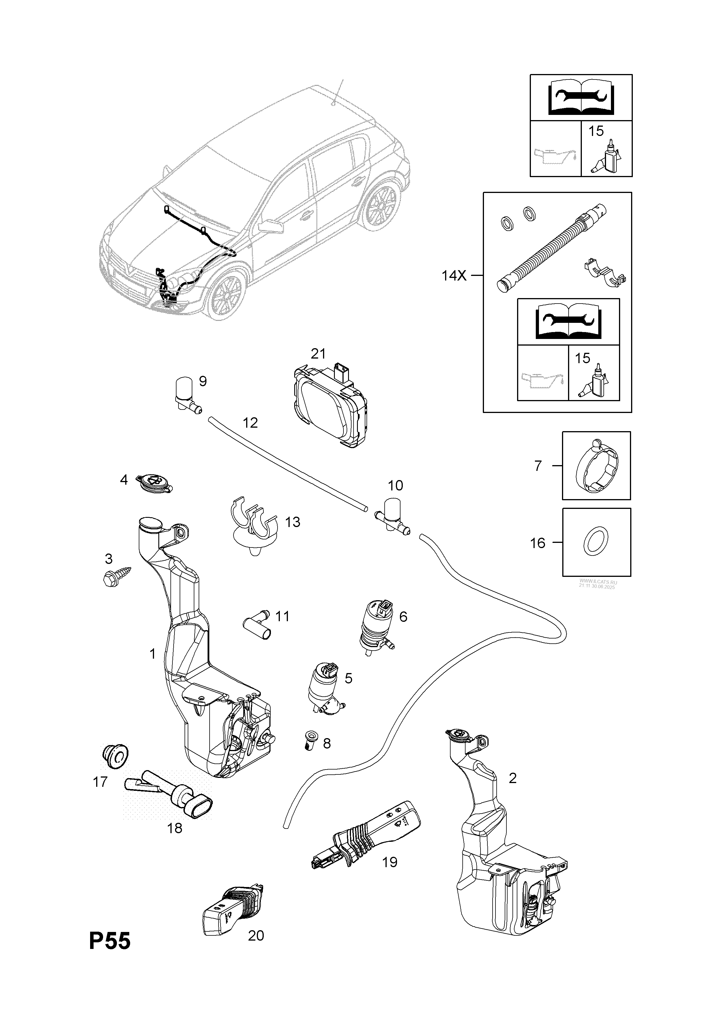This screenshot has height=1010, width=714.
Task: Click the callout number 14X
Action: pos(454,276)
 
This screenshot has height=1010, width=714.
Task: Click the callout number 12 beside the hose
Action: pos(250,423)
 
